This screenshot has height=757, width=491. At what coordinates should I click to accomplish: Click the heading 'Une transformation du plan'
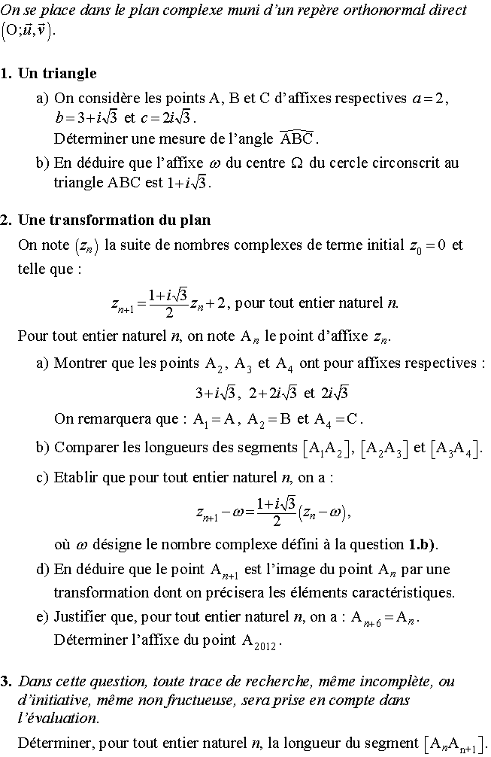(114, 220)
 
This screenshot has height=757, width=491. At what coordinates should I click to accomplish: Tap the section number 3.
(6, 682)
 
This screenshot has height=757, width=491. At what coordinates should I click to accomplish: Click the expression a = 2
(429, 99)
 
